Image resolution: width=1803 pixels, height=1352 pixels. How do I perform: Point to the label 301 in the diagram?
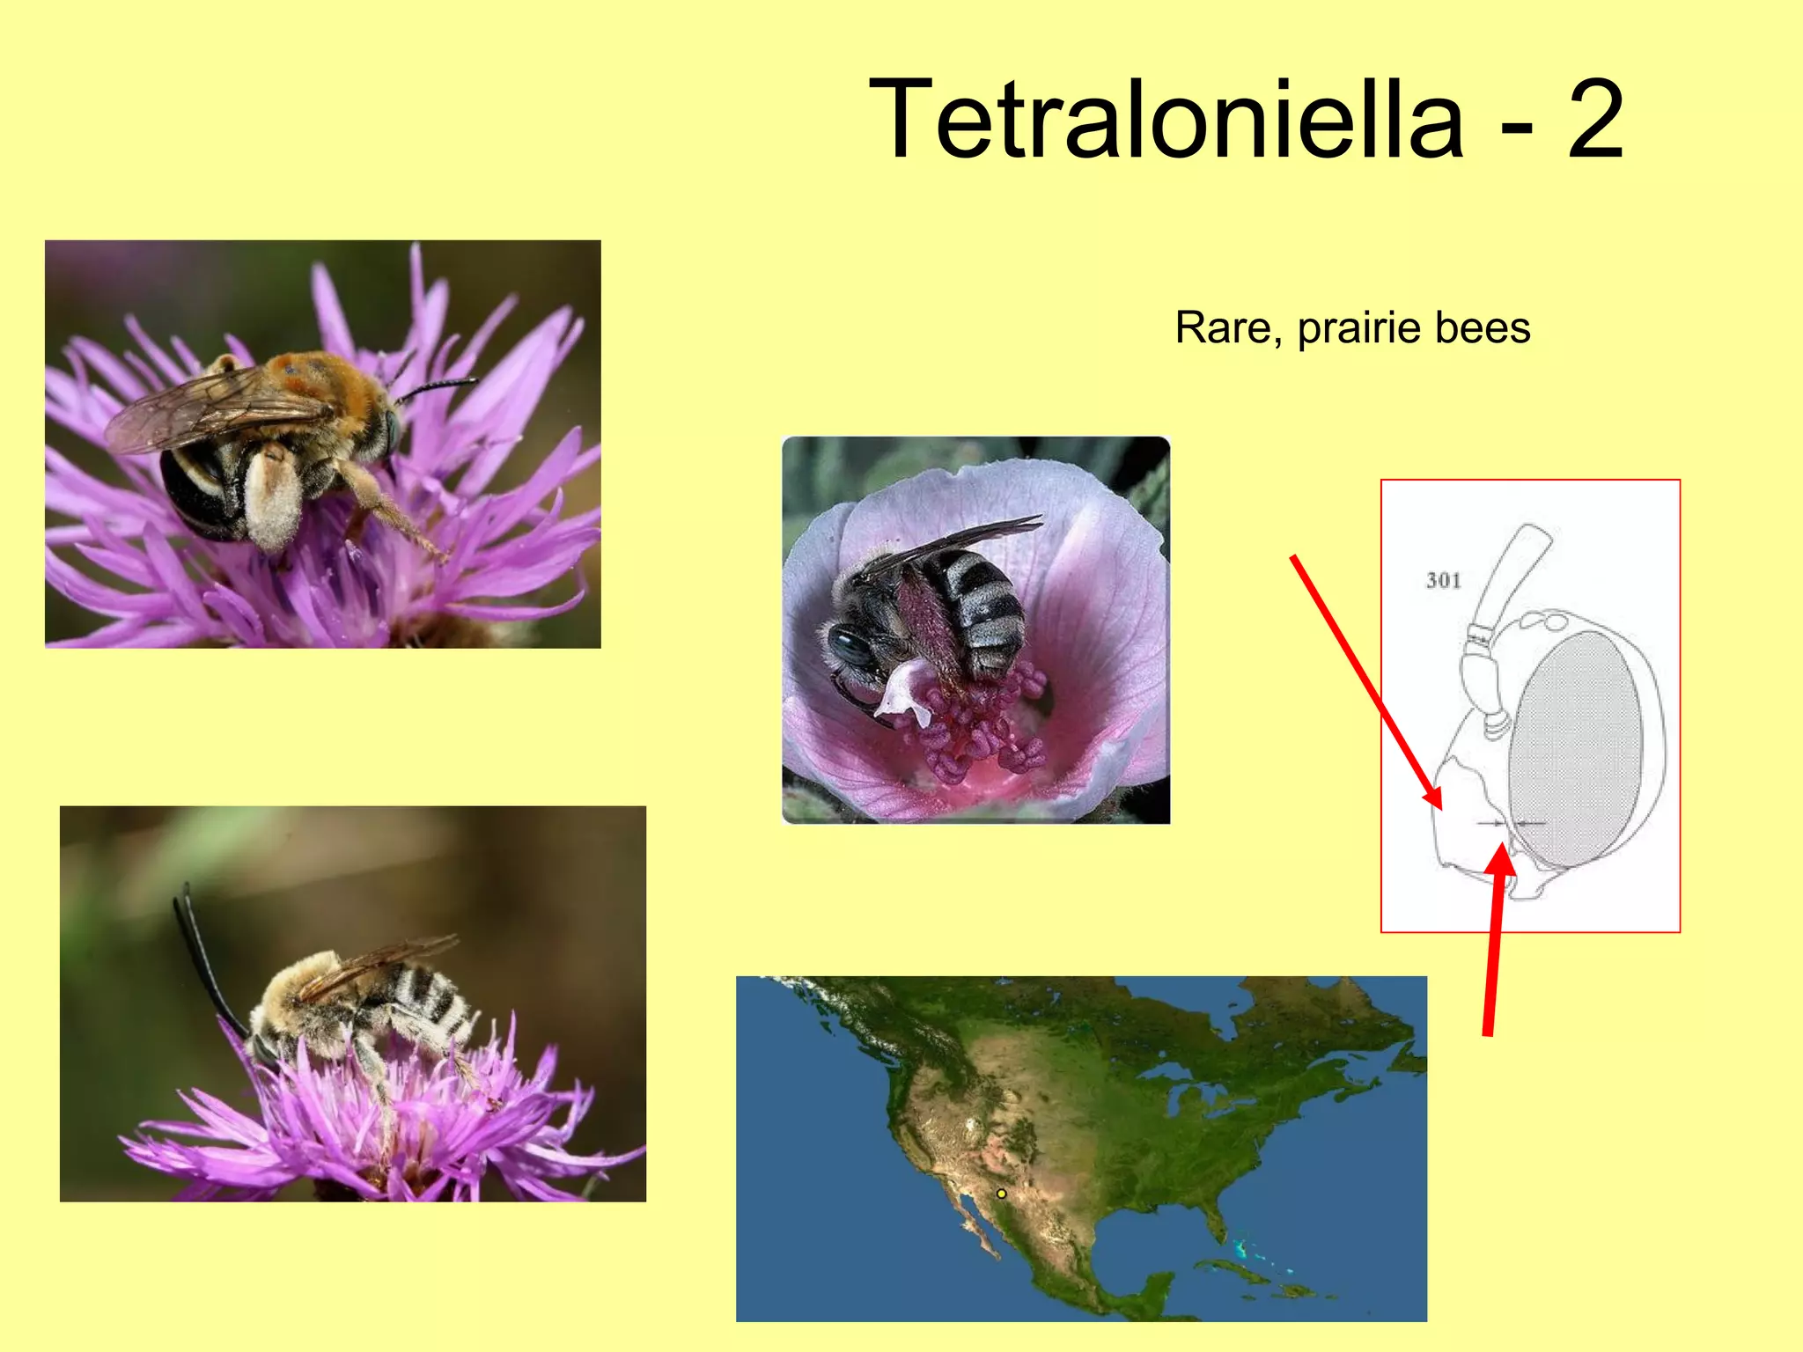[1443, 580]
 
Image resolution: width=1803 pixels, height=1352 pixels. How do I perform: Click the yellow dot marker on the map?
[1001, 1194]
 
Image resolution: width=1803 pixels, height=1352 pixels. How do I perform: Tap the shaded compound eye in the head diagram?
[1576, 748]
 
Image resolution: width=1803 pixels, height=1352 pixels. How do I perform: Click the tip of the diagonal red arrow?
[1439, 805]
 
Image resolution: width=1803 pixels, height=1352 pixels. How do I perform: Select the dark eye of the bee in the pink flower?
[850, 647]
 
